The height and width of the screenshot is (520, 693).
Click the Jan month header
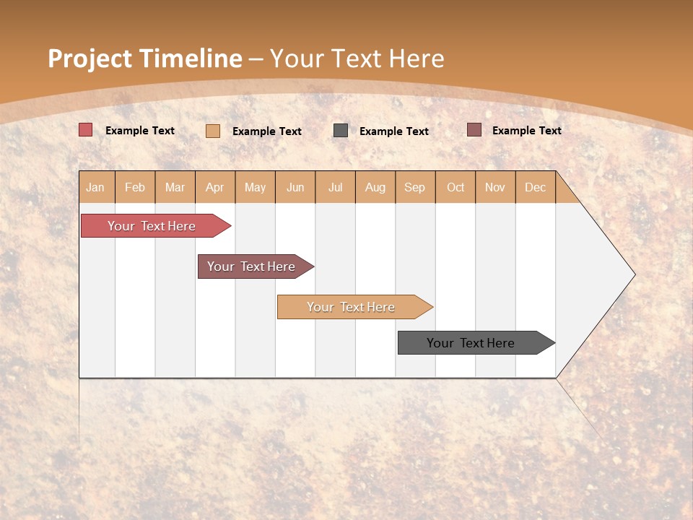pyautogui.click(x=95, y=188)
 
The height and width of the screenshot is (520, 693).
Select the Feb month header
pyautogui.click(x=135, y=188)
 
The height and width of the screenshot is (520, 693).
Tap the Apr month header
pyautogui.click(x=214, y=188)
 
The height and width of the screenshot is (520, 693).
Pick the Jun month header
pyautogui.click(x=295, y=188)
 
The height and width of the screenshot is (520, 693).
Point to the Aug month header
pyautogui.click(x=375, y=188)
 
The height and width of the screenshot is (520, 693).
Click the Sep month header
pyautogui.click(x=415, y=188)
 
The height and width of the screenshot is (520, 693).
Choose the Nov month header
pyautogui.click(x=495, y=188)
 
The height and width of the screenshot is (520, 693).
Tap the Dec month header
pyautogui.click(x=535, y=188)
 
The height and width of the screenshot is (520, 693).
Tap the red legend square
pyautogui.click(x=86, y=130)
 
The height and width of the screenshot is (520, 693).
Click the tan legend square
pyautogui.click(x=213, y=131)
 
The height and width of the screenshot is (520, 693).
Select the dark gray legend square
pyautogui.click(x=341, y=131)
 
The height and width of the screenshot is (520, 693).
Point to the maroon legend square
pyautogui.click(x=474, y=130)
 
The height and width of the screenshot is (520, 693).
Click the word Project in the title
pyautogui.click(x=90, y=58)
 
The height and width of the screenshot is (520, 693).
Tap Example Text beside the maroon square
pyautogui.click(x=526, y=131)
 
